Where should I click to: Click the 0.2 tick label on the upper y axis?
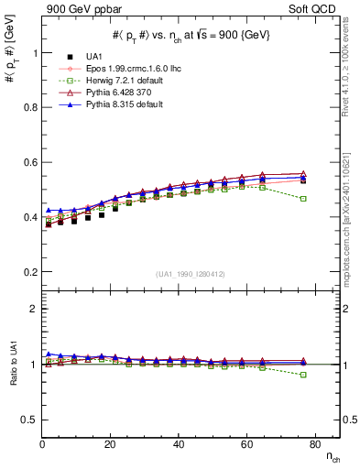tap(28, 272)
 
